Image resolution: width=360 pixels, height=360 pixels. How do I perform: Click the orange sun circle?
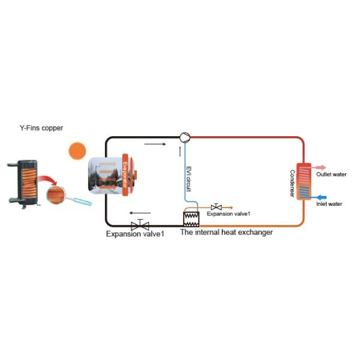point(77,150)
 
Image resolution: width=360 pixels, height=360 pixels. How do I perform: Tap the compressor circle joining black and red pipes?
point(184,137)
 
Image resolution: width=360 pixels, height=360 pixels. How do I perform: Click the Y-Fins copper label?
point(41,128)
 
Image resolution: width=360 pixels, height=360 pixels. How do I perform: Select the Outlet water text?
point(332,175)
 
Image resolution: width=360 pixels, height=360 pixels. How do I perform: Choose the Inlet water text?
point(329,204)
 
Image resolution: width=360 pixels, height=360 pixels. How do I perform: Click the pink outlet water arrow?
point(317,168)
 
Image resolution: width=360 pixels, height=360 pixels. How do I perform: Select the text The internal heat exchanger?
point(226,232)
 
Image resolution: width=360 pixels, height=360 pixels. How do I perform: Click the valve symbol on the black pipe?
point(140,224)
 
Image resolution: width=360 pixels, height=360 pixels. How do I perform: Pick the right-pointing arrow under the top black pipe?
point(153,144)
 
